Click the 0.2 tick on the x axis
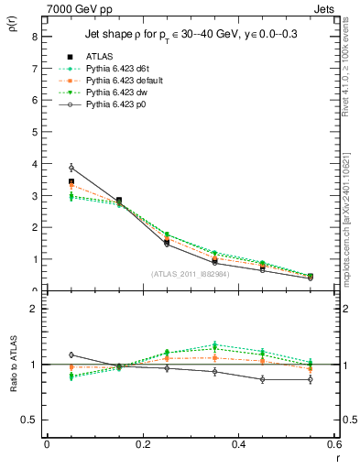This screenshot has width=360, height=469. click(142, 444)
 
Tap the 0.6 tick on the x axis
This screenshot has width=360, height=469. click(334, 444)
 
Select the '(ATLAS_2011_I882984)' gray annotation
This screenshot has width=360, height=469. click(191, 274)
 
